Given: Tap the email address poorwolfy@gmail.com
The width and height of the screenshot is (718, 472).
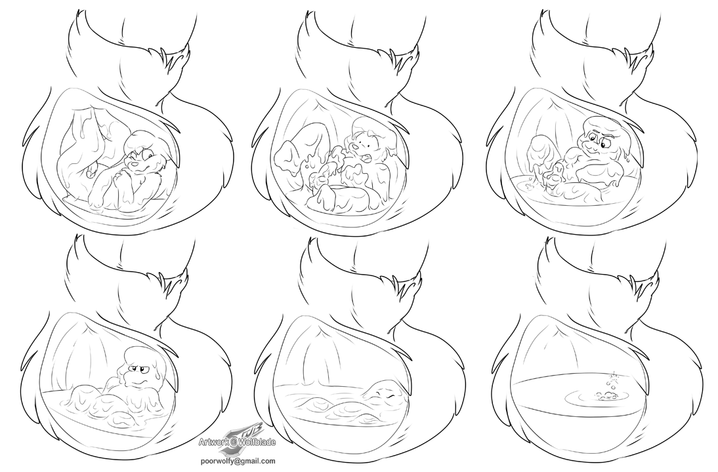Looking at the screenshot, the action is [237, 461].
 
